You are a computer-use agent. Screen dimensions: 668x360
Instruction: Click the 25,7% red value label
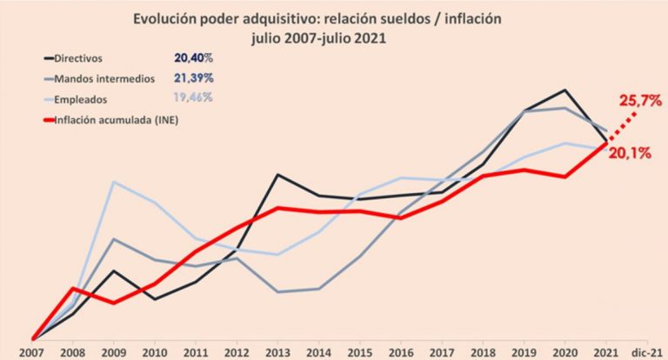coord(640,101)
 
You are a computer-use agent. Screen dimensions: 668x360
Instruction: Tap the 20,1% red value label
coord(630,153)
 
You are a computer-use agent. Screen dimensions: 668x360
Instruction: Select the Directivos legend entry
coord(73,58)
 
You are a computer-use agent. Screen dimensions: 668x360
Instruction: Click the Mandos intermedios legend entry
coord(99,79)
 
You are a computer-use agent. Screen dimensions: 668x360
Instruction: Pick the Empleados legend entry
coord(76,100)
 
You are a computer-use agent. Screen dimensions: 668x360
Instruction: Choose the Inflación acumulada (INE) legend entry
coord(111,120)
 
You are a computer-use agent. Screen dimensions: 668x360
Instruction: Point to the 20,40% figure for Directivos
coord(193,58)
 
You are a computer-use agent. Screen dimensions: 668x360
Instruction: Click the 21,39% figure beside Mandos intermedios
coord(193,78)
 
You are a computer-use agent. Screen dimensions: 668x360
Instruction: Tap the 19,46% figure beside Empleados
coord(193,97)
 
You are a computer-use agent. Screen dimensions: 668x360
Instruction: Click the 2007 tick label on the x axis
coord(33,353)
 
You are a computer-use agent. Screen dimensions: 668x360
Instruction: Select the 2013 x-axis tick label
coord(277,353)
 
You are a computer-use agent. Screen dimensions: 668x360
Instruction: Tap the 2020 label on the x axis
coord(564,353)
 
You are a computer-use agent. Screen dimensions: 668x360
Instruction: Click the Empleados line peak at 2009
coord(113,182)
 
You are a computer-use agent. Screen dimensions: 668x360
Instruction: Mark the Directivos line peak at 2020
coord(564,90)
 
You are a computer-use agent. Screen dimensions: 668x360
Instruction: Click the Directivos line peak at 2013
coord(277,174)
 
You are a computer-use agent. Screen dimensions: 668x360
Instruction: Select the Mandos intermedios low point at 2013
coord(277,292)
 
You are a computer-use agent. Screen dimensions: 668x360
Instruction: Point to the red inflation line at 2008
coord(73,289)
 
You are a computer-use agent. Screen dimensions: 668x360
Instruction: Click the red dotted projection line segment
coord(622,127)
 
